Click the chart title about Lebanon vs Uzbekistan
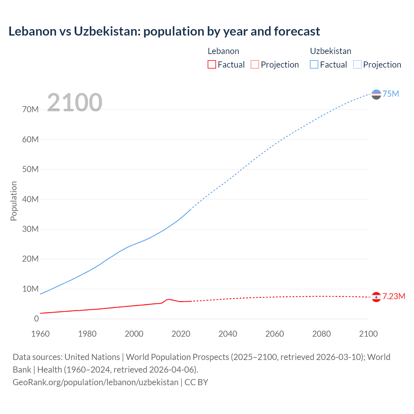tap(164, 31)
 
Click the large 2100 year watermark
tap(75, 103)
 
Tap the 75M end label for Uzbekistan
tap(391, 94)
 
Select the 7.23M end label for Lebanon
tap(394, 296)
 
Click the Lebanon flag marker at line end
tap(376, 297)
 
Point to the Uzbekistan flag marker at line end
tap(376, 94)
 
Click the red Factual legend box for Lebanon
tap(212, 64)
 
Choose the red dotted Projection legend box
tap(255, 64)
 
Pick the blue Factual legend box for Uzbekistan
tap(314, 64)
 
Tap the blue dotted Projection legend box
tap(357, 64)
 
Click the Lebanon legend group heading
tap(223, 51)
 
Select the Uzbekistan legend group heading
tap(331, 51)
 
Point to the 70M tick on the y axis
tap(30, 110)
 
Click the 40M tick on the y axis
tap(30, 199)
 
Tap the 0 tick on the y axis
tap(36, 319)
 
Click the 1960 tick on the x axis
tap(40, 334)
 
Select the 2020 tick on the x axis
tap(181, 334)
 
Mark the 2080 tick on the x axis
tap(321, 334)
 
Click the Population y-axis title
tap(14, 201)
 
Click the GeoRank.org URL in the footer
tap(95, 382)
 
